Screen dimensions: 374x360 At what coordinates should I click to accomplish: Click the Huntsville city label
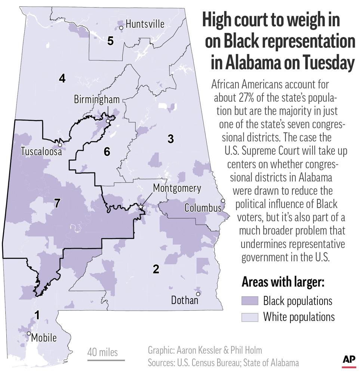pyautogui.click(x=145, y=24)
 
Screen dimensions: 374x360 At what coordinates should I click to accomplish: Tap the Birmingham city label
pyautogui.click(x=97, y=99)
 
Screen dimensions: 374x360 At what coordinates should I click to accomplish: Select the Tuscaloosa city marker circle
pyautogui.click(x=60, y=145)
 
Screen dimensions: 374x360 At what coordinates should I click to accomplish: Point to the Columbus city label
pyautogui.click(x=203, y=208)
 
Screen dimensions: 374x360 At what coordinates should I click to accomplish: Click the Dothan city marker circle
pyautogui.click(x=198, y=294)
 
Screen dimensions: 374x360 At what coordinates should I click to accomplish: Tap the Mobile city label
pyautogui.click(x=44, y=338)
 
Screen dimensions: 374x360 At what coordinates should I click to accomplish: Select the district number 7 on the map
pyautogui.click(x=57, y=203)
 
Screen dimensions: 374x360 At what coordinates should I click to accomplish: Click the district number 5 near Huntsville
pyautogui.click(x=110, y=41)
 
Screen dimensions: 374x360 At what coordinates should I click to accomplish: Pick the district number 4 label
pyautogui.click(x=62, y=78)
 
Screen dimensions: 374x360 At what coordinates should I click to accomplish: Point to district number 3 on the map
pyautogui.click(x=170, y=139)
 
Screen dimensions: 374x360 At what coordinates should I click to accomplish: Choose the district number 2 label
pyautogui.click(x=156, y=269)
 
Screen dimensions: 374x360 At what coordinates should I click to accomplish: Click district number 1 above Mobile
pyautogui.click(x=37, y=315)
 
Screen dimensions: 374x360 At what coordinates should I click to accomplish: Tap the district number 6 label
pyautogui.click(x=107, y=151)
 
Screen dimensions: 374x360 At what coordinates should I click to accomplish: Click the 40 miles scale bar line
pyautogui.click(x=106, y=361)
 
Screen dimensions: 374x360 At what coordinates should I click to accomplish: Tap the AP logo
pyautogui.click(x=348, y=360)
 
